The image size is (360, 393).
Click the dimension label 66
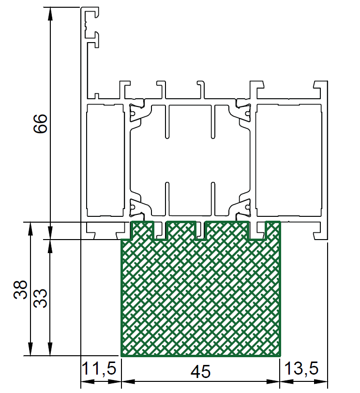click(40, 123)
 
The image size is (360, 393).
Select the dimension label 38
click(20, 289)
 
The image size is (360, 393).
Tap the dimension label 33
click(40, 298)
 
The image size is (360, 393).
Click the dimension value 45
click(200, 372)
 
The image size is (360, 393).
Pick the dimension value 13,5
click(301, 368)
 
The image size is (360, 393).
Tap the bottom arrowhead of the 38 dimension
click(30, 349)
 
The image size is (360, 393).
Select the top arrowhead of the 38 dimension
click(30, 228)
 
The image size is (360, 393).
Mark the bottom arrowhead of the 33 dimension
click(50, 349)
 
